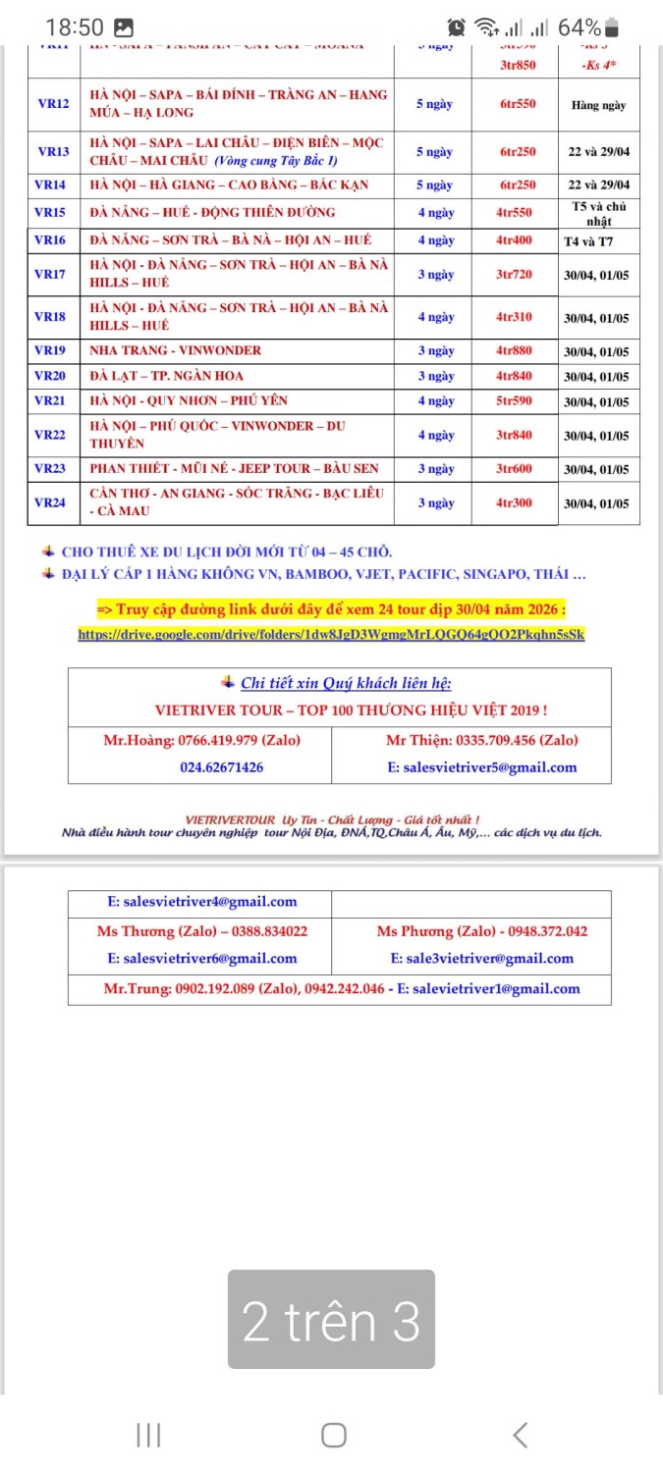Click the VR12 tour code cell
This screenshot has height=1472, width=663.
tap(53, 104)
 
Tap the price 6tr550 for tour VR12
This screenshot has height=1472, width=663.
tap(517, 104)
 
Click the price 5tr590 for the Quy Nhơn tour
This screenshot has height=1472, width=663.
tap(514, 400)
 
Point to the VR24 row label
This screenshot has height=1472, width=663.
tap(50, 502)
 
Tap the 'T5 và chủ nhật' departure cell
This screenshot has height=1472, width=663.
tap(598, 213)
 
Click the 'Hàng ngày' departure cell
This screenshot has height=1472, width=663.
tap(598, 105)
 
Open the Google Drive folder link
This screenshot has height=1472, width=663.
tap(331, 634)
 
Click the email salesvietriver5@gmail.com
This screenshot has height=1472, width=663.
tap(481, 767)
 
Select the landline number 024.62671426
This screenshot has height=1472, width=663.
tap(221, 767)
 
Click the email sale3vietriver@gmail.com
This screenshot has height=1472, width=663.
tap(481, 959)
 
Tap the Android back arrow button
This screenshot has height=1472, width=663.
tap(520, 1435)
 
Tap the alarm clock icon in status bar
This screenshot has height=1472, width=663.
tap(457, 27)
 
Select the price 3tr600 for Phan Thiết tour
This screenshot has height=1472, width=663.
tap(514, 469)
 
